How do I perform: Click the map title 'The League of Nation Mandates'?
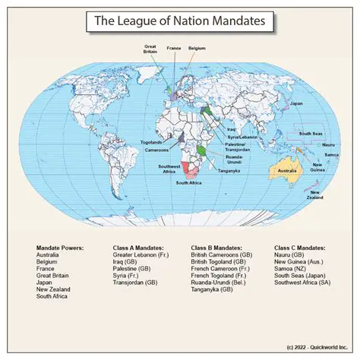tap(179, 22)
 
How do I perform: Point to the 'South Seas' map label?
tap(311, 134)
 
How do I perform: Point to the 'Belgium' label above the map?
tap(197, 48)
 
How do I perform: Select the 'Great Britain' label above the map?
tap(150, 49)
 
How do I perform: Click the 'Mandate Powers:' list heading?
tap(60, 248)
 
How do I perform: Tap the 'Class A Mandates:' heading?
tap(138, 248)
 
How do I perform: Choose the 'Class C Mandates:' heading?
tap(300, 248)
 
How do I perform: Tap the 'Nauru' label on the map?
tap(328, 144)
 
